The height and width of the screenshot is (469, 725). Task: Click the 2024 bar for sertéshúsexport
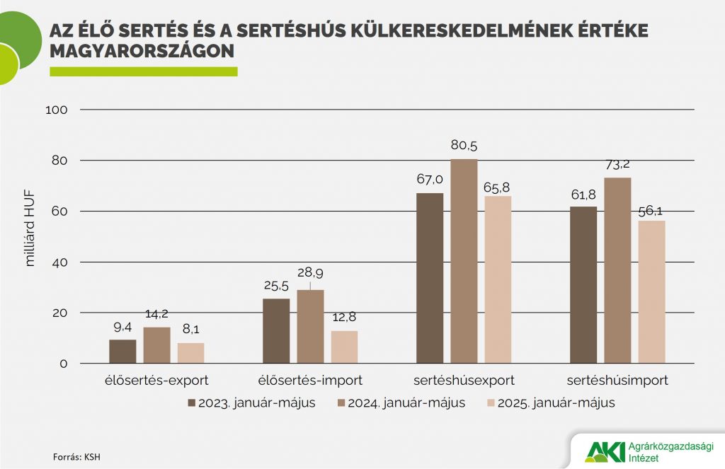(x=464, y=261)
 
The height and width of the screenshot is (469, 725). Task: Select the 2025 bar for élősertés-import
(x=344, y=347)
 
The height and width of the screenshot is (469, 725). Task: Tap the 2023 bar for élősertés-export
(x=122, y=352)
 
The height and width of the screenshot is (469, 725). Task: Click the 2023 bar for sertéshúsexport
(x=430, y=278)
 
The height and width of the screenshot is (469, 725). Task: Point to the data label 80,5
(x=464, y=146)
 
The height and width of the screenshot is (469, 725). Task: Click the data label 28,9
(x=310, y=272)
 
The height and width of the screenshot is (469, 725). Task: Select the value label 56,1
(x=652, y=209)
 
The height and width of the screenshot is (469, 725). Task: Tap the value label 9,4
(x=123, y=327)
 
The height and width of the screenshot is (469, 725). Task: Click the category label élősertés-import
(x=310, y=381)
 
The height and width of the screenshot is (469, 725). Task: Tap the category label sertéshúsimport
(x=618, y=381)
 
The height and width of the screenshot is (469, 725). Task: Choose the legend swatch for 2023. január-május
(x=191, y=403)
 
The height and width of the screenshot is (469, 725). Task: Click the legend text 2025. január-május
(x=556, y=403)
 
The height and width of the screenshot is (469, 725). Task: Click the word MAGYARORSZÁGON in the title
(x=142, y=52)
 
